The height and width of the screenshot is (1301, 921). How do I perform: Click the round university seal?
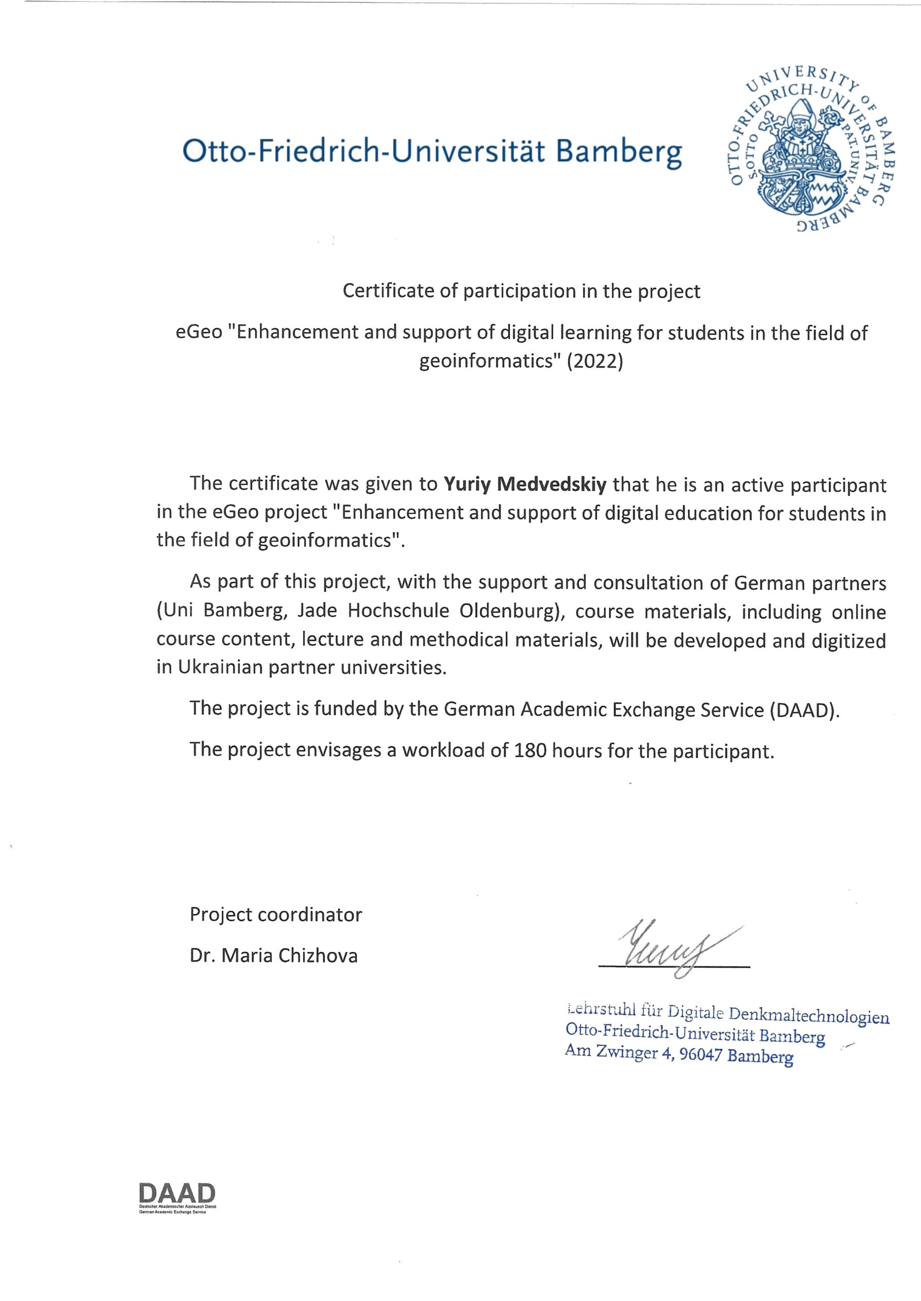[x=809, y=148]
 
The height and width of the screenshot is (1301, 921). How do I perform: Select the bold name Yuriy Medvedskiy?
[x=525, y=485]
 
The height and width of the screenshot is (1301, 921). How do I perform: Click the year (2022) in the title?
[x=594, y=361]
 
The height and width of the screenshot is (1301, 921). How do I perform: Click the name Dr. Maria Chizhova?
[x=273, y=956]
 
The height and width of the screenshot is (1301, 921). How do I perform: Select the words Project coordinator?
[x=275, y=914]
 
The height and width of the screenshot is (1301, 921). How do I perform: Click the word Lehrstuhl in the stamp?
[x=601, y=1010]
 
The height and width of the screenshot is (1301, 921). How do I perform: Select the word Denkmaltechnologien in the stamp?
[x=808, y=1016]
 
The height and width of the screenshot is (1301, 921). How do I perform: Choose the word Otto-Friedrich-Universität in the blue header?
[x=363, y=152]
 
